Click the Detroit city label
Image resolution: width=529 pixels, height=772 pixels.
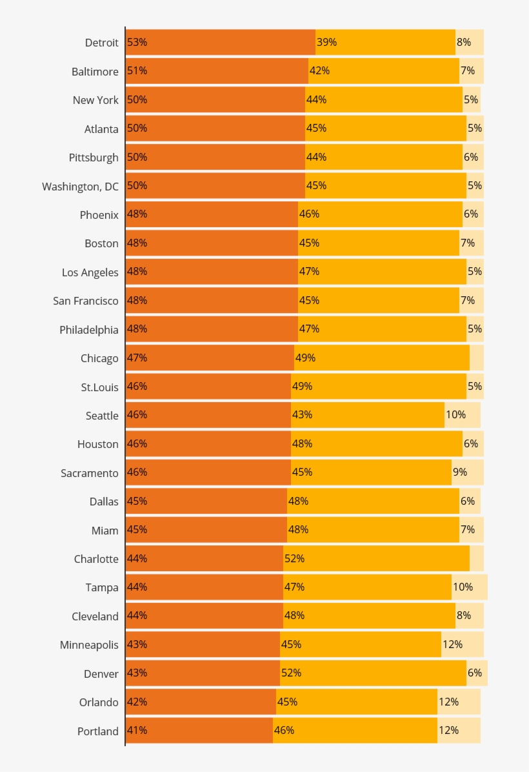tap(102, 43)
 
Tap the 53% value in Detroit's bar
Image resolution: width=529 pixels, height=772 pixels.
tap(137, 43)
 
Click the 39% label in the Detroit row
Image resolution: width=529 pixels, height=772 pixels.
tap(326, 43)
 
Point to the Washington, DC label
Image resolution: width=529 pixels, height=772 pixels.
tap(81, 187)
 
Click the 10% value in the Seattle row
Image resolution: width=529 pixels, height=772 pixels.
tap(455, 415)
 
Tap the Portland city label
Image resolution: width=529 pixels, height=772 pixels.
tap(98, 731)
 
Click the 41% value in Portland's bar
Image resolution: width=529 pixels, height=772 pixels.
tap(137, 731)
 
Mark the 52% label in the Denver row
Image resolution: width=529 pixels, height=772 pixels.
tap(291, 673)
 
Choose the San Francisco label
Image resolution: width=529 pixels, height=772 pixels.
tap(86, 301)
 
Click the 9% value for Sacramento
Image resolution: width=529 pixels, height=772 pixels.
tap(460, 472)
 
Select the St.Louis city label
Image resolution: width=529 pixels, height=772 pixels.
tap(100, 387)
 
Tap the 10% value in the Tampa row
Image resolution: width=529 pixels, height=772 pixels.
tap(463, 587)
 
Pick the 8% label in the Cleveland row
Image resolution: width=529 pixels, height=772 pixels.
tap(463, 616)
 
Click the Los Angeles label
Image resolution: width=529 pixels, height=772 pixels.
tap(90, 272)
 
